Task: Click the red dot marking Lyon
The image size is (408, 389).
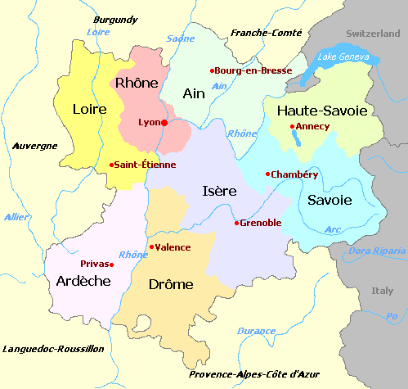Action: (164, 123)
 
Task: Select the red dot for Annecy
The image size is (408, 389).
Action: (293, 126)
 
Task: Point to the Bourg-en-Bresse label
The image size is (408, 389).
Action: (254, 70)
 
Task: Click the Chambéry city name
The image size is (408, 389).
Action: (295, 174)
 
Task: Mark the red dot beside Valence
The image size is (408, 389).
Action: (151, 247)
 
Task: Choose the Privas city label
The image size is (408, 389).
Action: (96, 264)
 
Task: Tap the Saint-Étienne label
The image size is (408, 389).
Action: (145, 165)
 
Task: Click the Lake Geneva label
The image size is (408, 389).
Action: (343, 57)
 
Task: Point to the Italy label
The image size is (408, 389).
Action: (382, 291)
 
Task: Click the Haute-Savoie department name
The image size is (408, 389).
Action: (323, 110)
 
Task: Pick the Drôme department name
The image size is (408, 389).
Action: (171, 284)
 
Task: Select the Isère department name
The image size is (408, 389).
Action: (219, 191)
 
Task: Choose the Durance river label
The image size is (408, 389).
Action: (256, 331)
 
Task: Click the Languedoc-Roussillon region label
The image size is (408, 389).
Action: (53, 348)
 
